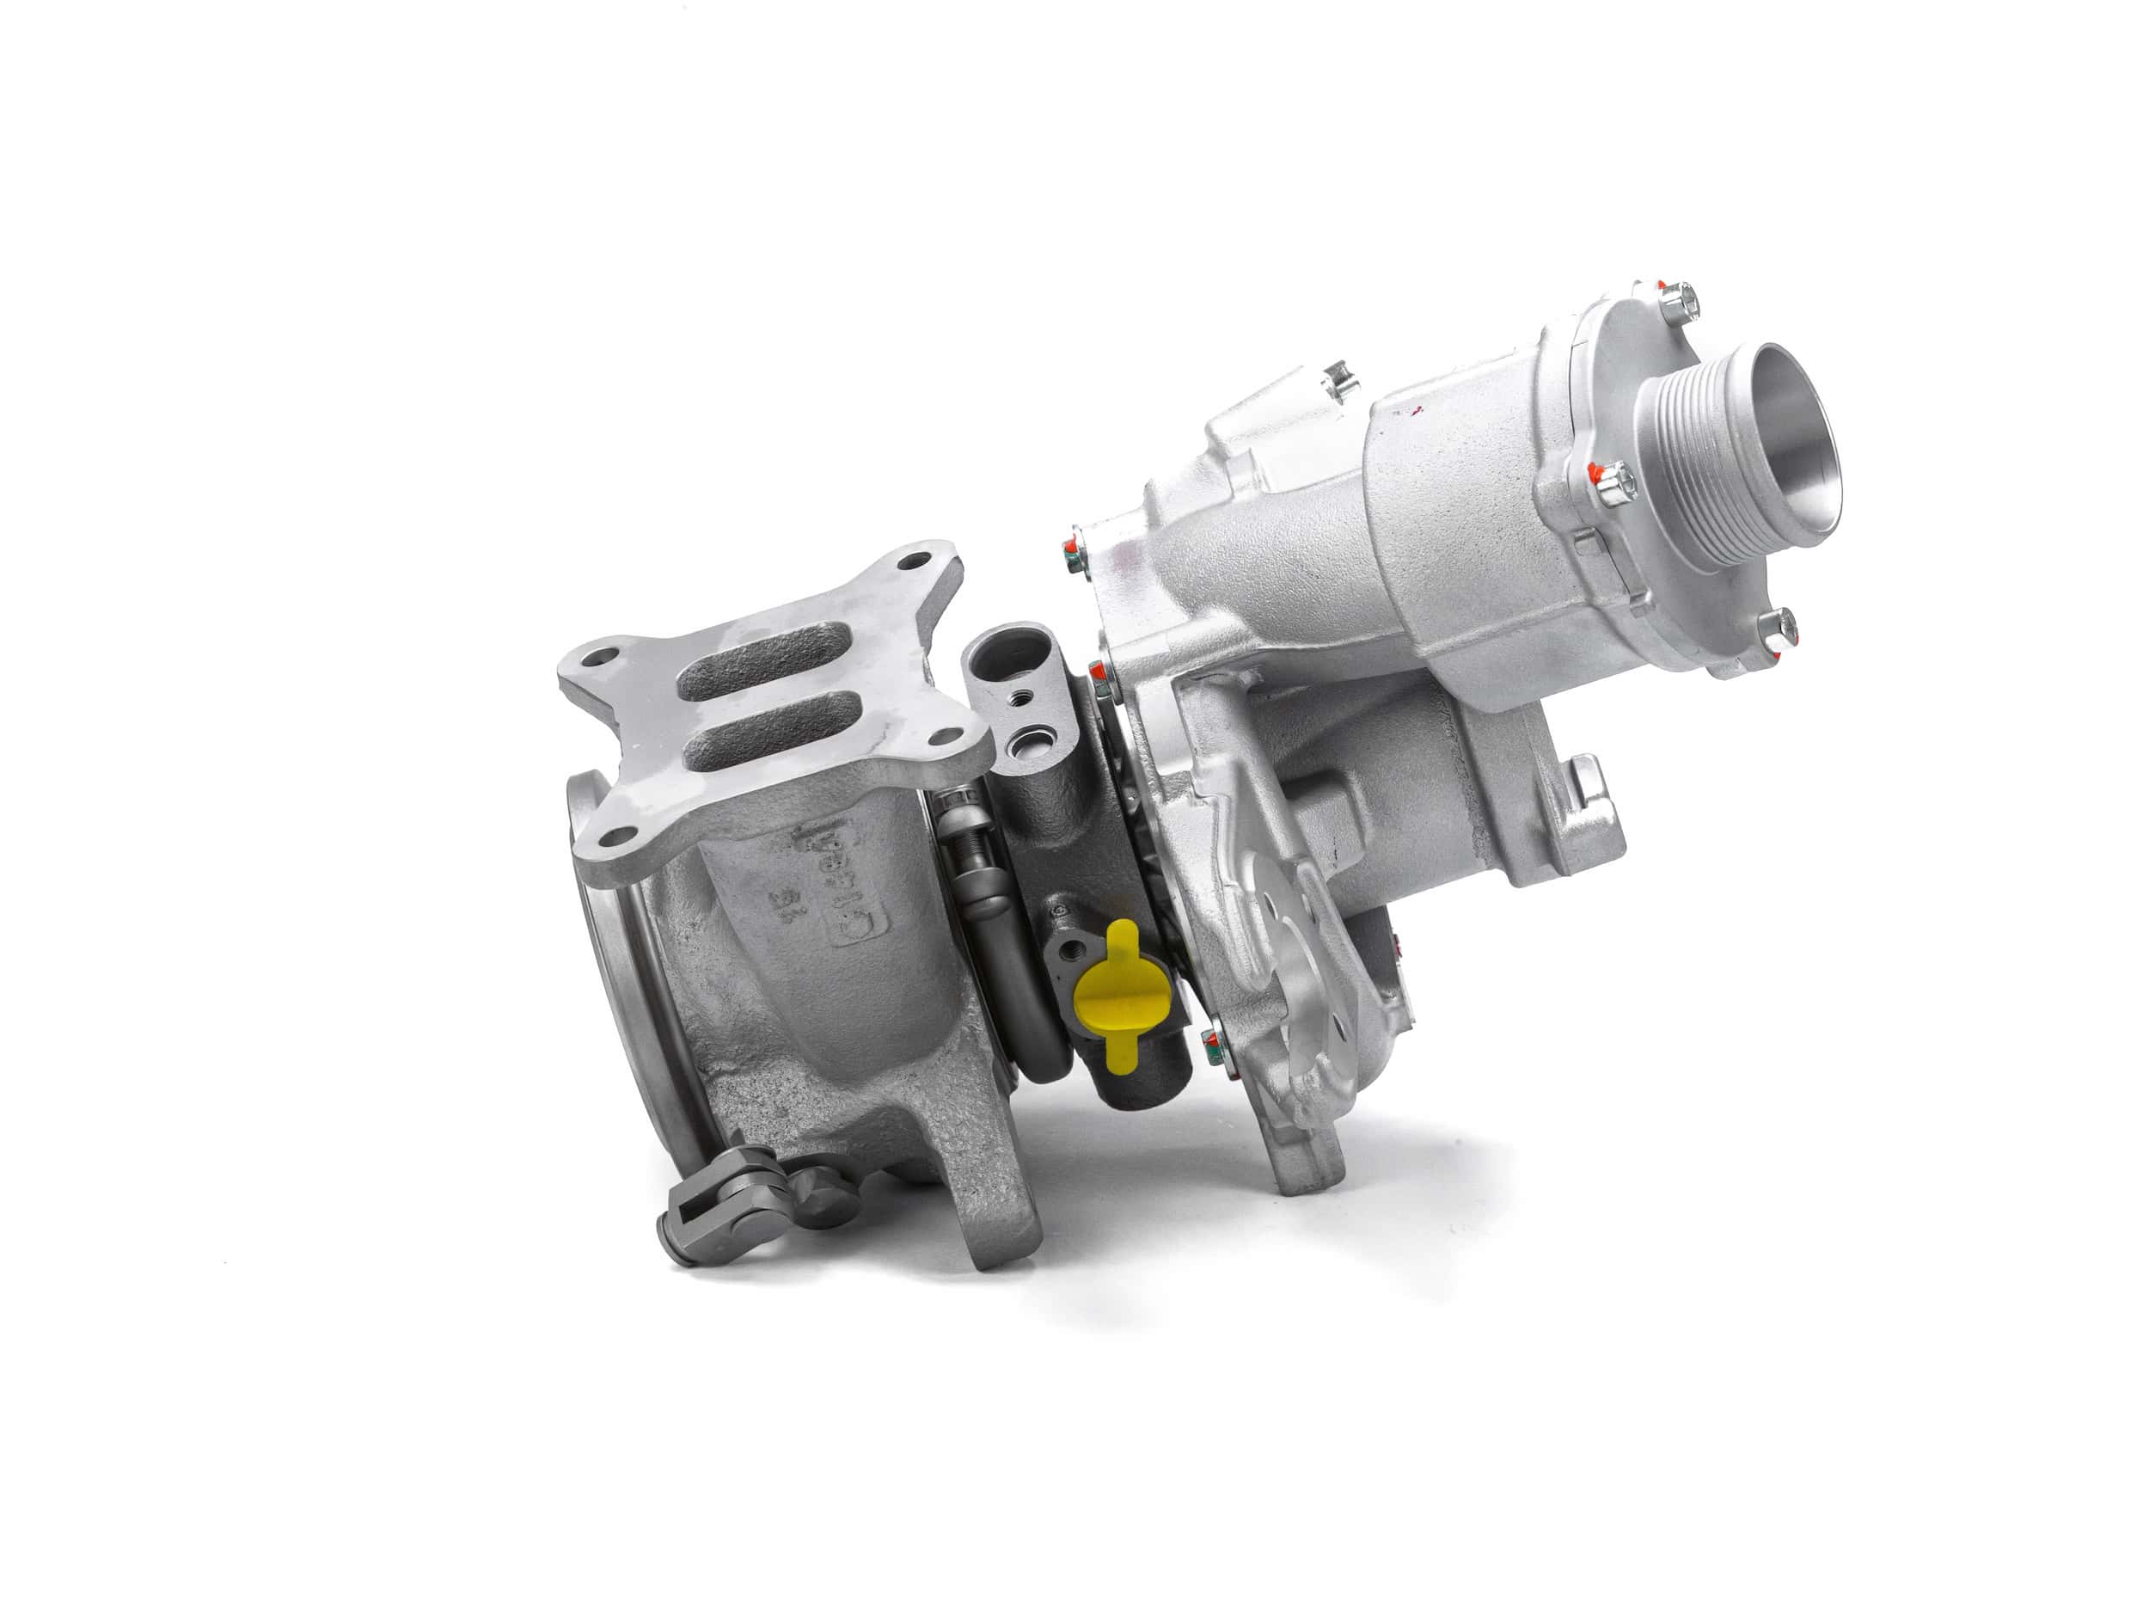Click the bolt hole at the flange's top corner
click(909, 561)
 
